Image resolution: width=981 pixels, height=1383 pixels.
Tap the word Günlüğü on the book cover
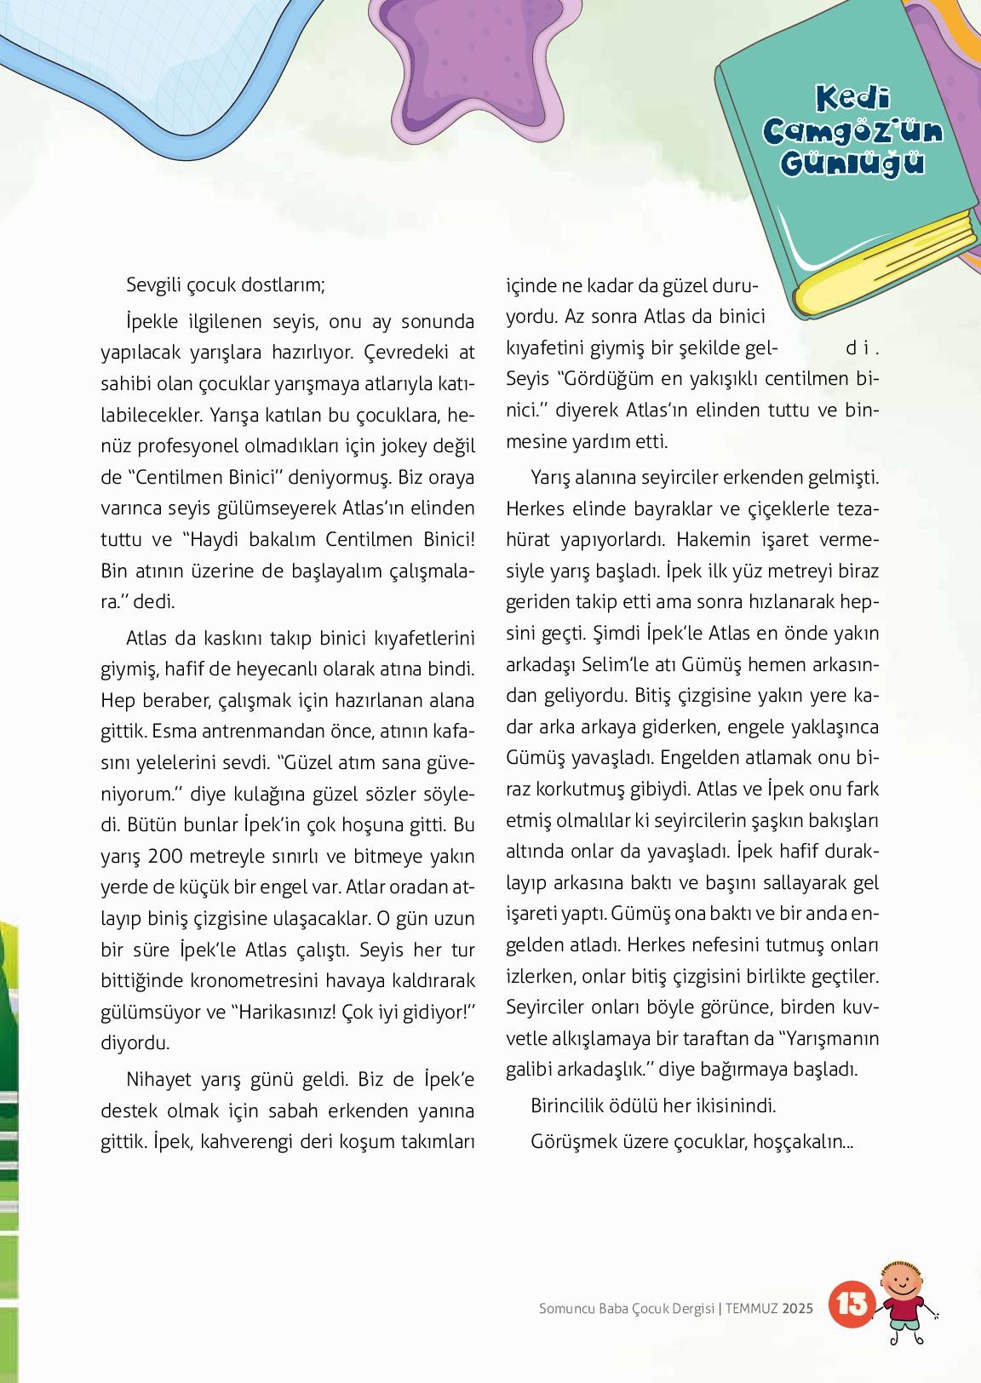click(x=852, y=162)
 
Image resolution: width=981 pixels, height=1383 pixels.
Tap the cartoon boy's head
click(x=902, y=1280)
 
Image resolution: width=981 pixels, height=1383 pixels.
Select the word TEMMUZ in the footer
click(x=752, y=1308)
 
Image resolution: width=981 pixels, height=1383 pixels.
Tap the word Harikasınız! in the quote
click(x=284, y=1013)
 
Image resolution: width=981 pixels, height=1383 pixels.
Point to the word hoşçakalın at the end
click(x=803, y=1140)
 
